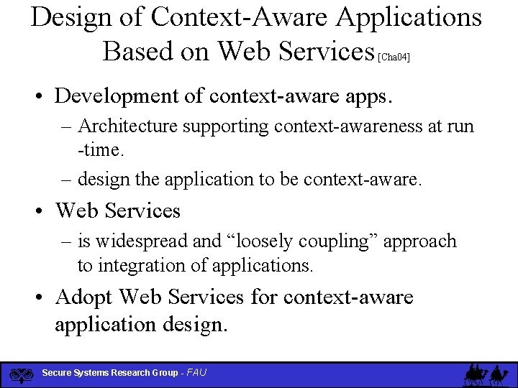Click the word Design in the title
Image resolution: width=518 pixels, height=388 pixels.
click(72, 17)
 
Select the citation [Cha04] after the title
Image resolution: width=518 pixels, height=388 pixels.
click(394, 57)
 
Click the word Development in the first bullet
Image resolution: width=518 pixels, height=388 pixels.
click(124, 96)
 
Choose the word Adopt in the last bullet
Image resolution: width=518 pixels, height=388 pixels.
click(84, 296)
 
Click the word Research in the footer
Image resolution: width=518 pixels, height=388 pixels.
click(132, 373)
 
